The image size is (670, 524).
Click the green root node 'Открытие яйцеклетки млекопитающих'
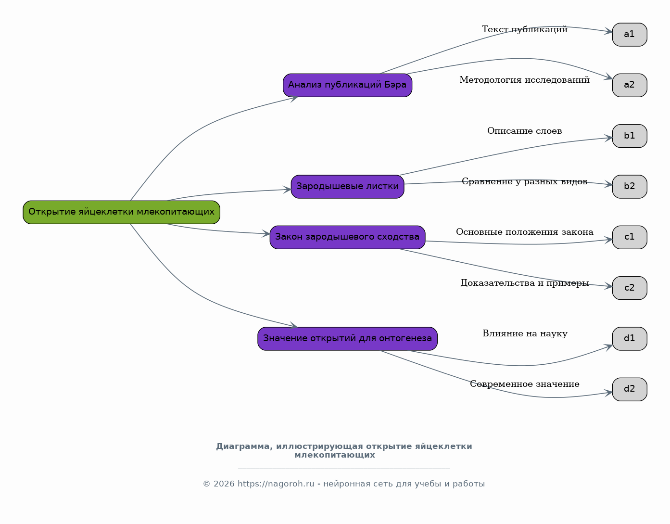pyautogui.click(x=121, y=212)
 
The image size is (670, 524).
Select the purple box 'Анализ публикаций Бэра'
pyautogui.click(x=347, y=85)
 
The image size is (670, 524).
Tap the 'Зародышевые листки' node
pyautogui.click(x=347, y=187)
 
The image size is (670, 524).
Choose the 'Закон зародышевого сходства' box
pyautogui.click(x=347, y=237)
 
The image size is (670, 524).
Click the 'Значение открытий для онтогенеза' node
pyautogui.click(x=347, y=339)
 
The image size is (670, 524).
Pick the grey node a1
pyautogui.click(x=629, y=35)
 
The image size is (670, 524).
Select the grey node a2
pyautogui.click(x=629, y=85)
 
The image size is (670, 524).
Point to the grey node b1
pyautogui.click(x=629, y=136)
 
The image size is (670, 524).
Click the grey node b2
pyautogui.click(x=629, y=187)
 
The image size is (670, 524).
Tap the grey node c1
pyautogui.click(x=629, y=237)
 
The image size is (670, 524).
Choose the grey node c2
pyautogui.click(x=629, y=288)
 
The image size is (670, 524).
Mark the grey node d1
pyautogui.click(x=629, y=339)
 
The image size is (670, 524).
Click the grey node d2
pyautogui.click(x=629, y=389)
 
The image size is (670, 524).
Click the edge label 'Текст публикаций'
pyautogui.click(x=524, y=29)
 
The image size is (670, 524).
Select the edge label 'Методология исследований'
pyautogui.click(x=524, y=80)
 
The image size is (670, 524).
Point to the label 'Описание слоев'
pyautogui.click(x=524, y=131)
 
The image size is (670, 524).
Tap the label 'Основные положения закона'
pyautogui.click(x=524, y=232)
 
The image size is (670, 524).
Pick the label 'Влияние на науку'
pyautogui.click(x=524, y=333)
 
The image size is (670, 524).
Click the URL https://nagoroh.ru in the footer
pyautogui.click(x=276, y=484)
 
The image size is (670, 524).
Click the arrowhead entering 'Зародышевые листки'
pyautogui.click(x=287, y=190)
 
